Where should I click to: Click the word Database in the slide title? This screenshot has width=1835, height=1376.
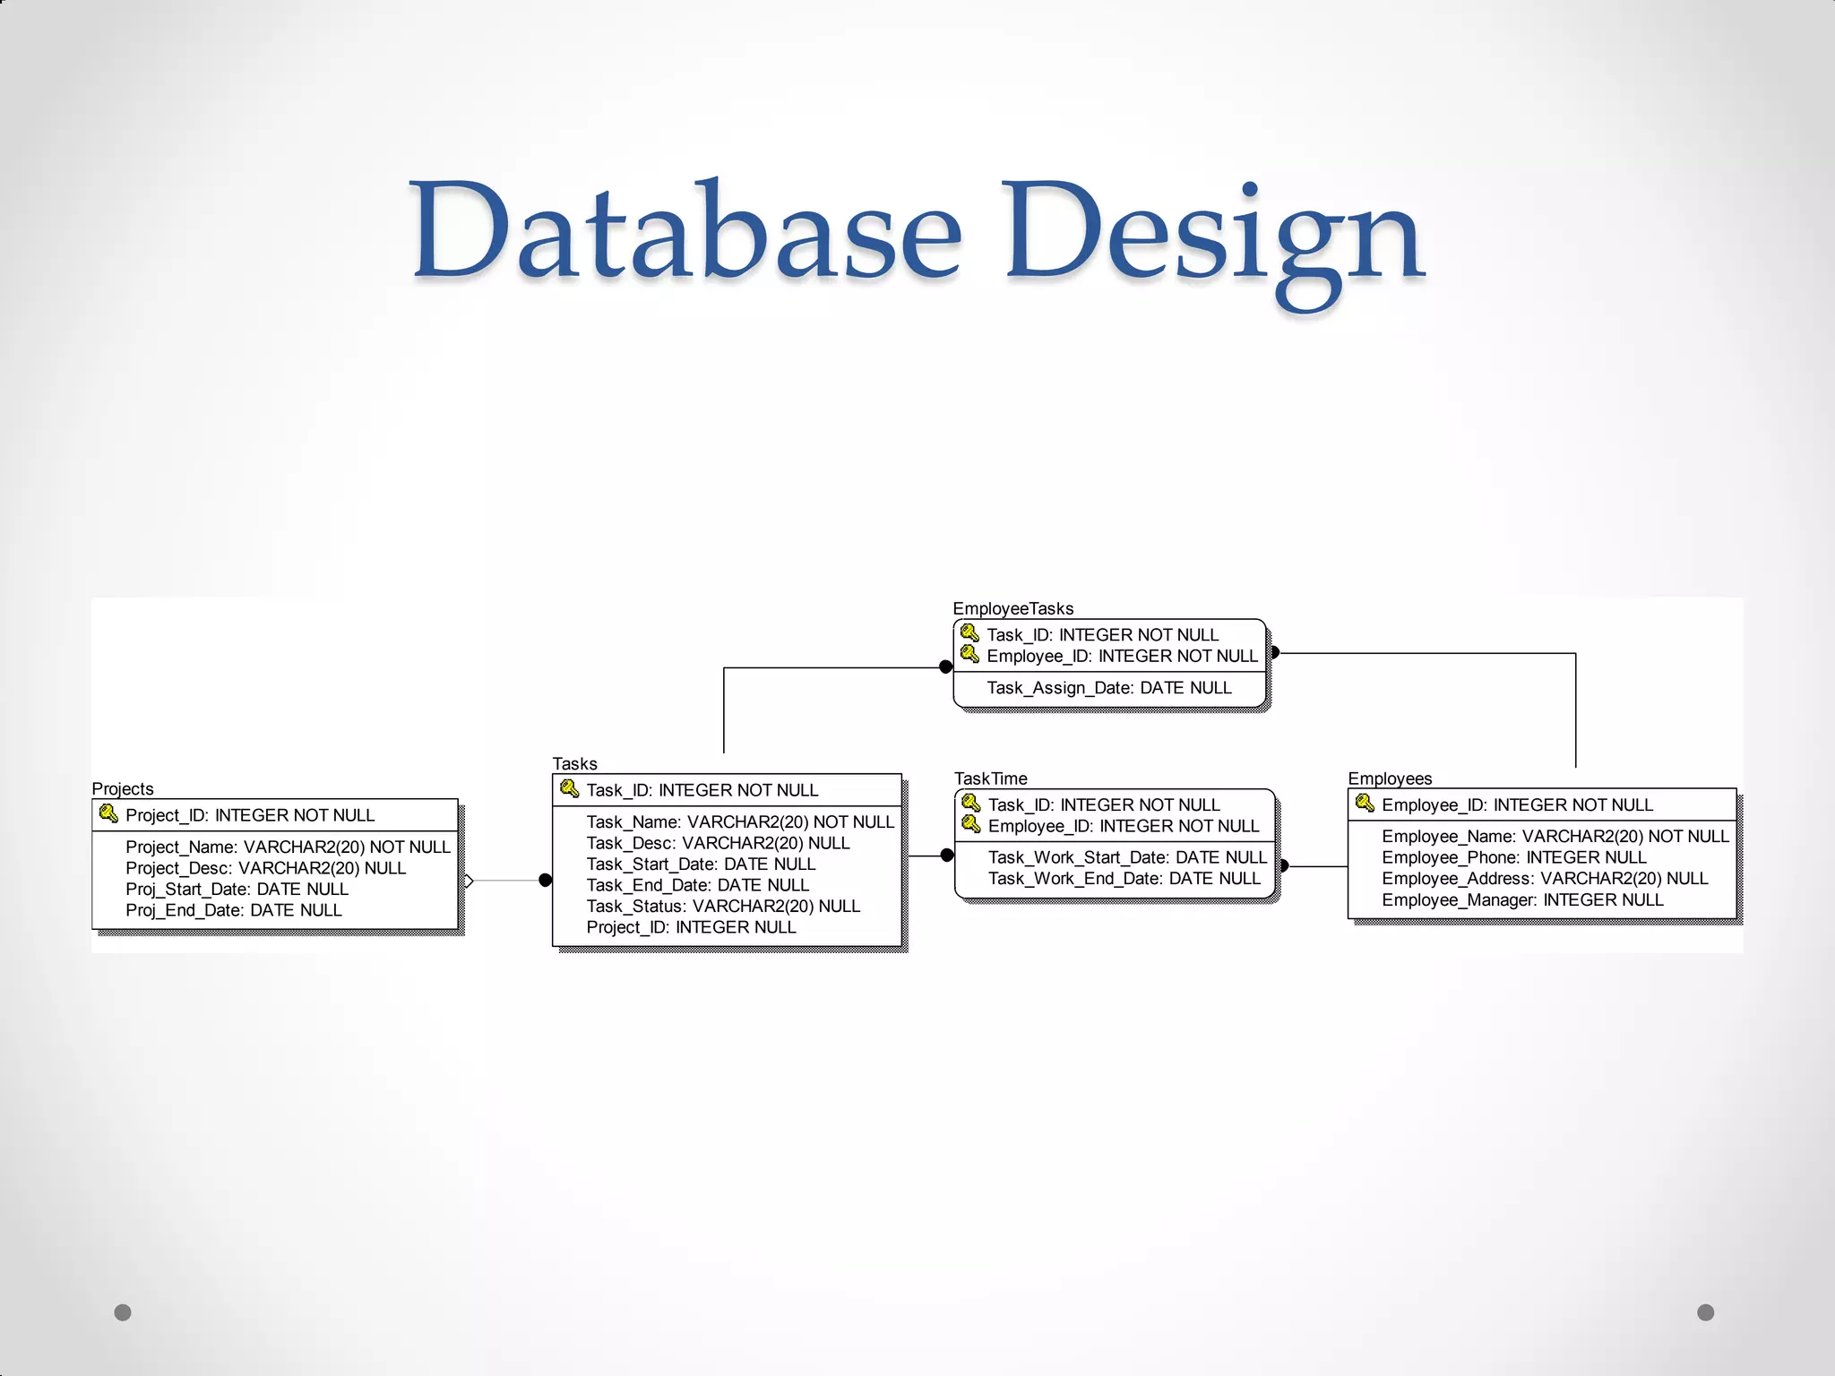point(685,230)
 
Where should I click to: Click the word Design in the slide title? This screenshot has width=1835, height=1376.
point(1214,235)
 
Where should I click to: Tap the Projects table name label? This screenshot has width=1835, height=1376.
point(123,788)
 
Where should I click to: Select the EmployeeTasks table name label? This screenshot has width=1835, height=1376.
point(1012,608)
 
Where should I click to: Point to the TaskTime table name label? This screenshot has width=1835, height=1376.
point(990,778)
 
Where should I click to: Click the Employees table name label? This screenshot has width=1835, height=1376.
point(1390,778)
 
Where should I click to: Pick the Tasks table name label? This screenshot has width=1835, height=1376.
point(574,763)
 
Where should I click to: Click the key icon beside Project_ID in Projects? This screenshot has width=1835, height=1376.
point(108,813)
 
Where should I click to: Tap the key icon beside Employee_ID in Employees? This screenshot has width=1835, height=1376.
point(1365,803)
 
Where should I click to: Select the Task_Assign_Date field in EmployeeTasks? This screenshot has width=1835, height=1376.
point(1108,688)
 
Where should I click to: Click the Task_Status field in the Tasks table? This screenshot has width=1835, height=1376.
point(723,906)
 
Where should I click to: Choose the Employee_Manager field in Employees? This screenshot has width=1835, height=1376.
point(1522,899)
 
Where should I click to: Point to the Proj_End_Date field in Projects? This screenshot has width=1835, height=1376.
point(234,910)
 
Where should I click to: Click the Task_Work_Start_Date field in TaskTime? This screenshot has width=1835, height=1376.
point(1127,857)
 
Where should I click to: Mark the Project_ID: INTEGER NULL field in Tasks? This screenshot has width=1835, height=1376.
point(691,927)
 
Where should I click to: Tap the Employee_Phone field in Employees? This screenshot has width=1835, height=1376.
point(1513,857)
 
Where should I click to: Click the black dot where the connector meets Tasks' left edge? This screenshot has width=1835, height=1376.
point(545,881)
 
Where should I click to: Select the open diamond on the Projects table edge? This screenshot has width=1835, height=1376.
point(468,881)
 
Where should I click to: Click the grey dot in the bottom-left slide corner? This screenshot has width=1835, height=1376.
point(123,1312)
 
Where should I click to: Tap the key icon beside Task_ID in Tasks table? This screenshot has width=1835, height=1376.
point(569,788)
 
